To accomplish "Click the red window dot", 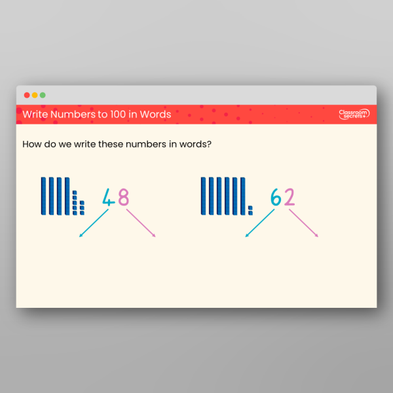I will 27,95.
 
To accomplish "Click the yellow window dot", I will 35,95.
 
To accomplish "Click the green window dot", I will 43,95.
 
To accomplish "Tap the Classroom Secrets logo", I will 354,114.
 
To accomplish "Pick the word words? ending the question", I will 195,144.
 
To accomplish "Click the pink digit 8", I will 122,197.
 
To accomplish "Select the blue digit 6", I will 276,197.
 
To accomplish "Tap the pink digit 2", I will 289,197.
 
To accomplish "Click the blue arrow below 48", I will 94,223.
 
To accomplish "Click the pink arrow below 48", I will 140,223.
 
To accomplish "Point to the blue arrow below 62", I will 259,223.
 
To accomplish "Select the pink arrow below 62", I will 303,223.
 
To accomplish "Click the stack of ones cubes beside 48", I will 79,202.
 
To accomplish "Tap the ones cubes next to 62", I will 251,210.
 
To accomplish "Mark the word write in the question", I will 84,144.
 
